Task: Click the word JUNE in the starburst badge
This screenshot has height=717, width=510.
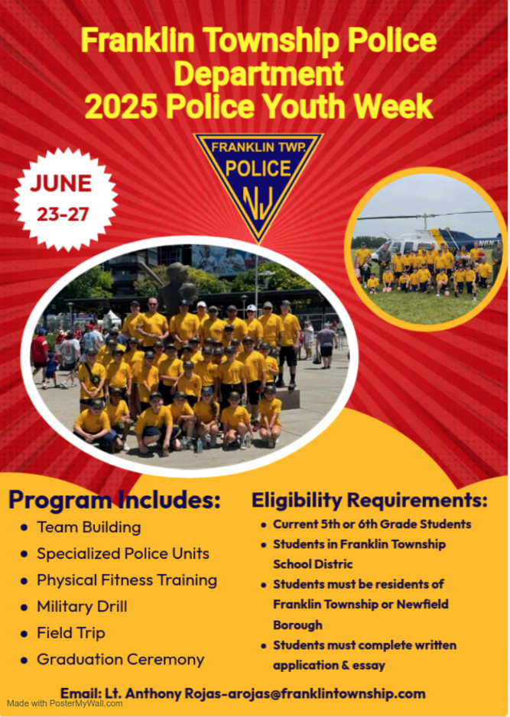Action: point(61,184)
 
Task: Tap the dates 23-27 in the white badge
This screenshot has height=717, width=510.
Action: point(63,214)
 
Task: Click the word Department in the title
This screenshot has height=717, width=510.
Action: point(258,74)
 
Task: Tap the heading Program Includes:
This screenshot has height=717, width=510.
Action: point(115,500)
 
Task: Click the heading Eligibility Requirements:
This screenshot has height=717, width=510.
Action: point(369,501)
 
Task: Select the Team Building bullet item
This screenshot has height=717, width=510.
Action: point(89,527)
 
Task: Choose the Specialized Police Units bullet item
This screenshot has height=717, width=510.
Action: point(122,554)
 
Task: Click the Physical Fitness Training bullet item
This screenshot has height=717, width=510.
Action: point(126,580)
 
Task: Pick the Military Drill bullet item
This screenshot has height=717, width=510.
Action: point(82,606)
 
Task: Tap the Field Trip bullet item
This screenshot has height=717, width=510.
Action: point(71,633)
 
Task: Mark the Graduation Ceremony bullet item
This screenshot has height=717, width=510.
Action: point(120,659)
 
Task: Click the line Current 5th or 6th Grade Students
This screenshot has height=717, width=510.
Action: point(372,525)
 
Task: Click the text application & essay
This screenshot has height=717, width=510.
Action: point(329,665)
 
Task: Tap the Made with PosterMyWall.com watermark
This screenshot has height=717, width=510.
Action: point(65,703)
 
